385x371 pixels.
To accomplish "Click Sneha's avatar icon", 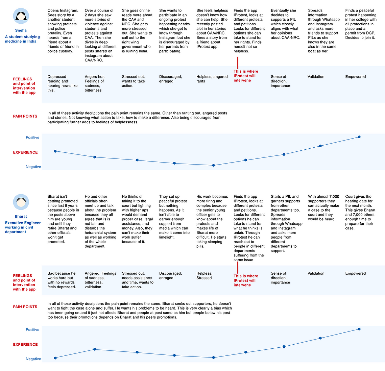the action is coord(21,16).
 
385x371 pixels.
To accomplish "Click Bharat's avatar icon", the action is coord(21,202).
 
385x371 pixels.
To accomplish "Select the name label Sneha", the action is coord(21,30).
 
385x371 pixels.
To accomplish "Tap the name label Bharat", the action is coord(21,216).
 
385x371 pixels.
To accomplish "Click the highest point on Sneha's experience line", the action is coord(359,137).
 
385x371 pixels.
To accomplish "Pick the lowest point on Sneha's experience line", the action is coord(213,165).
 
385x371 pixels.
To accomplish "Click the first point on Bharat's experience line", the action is coord(55,358).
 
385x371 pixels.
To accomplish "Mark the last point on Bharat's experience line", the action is coord(359,329).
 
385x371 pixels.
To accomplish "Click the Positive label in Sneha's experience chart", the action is coord(32,138).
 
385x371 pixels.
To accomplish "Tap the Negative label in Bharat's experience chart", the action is coord(33,359).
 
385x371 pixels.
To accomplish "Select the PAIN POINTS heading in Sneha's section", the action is coord(25,116).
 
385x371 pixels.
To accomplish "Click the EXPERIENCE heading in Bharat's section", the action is coord(25,345).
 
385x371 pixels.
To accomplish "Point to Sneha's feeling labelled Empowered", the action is coord(355,77).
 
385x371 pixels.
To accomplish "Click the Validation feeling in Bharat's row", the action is coord(316,273).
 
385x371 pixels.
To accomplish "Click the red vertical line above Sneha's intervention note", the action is coord(237,63).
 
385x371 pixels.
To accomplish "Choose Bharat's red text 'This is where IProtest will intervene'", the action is coord(246,280).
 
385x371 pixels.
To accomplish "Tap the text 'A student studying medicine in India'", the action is coord(22,39).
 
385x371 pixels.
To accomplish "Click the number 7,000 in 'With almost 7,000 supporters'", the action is coord(334,197).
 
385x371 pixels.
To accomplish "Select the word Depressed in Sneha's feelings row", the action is coord(57,77).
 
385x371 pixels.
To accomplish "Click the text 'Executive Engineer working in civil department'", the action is coord(23,227).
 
